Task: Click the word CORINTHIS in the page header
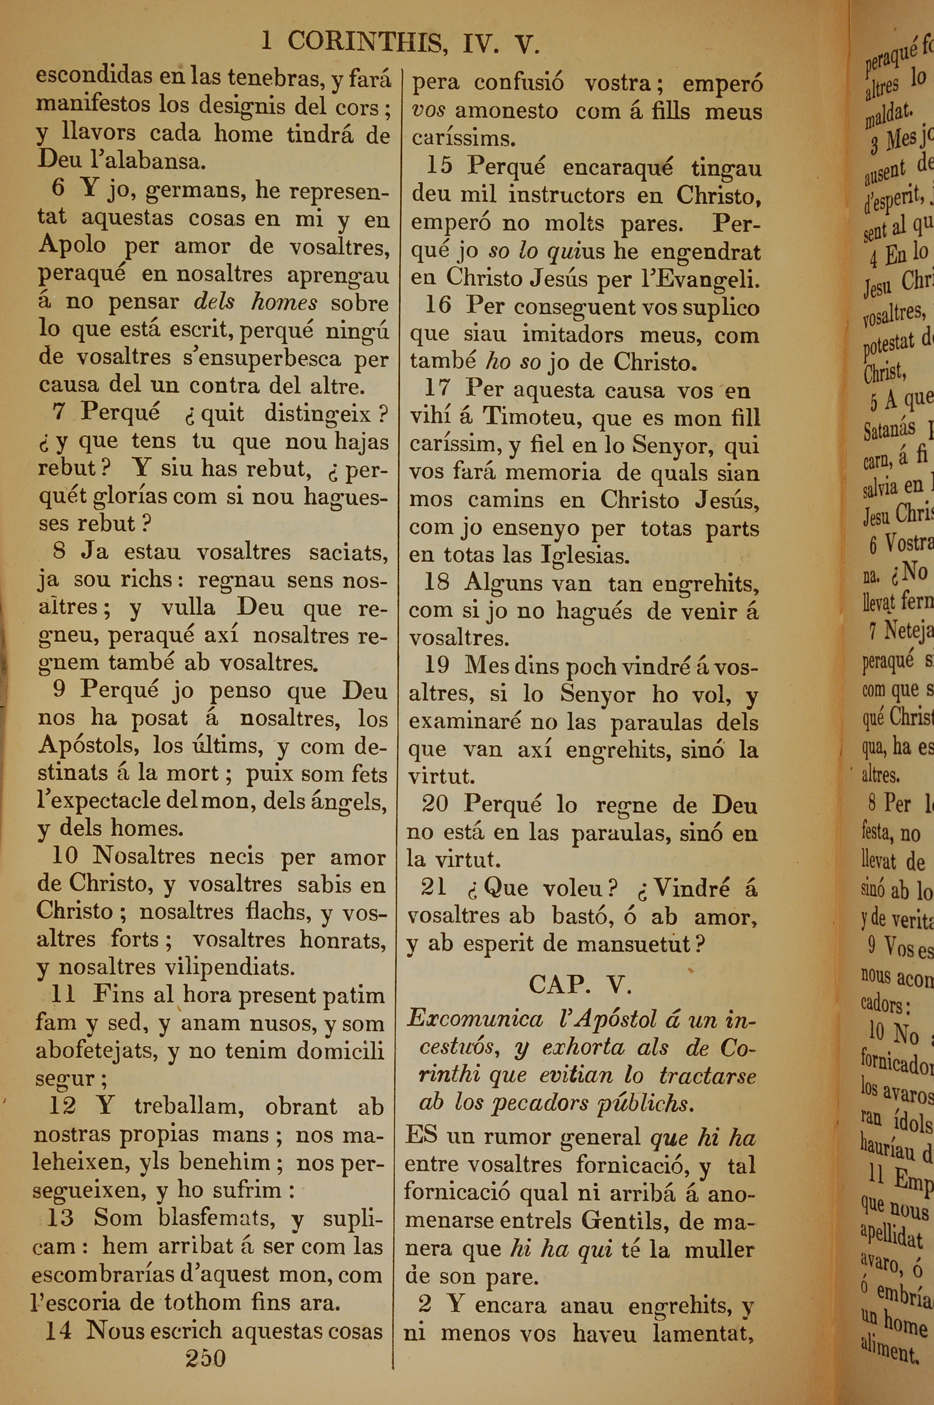[365, 43]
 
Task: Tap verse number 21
[434, 888]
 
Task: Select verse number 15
[439, 167]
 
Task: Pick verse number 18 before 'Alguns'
[437, 582]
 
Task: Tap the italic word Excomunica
[475, 1020]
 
